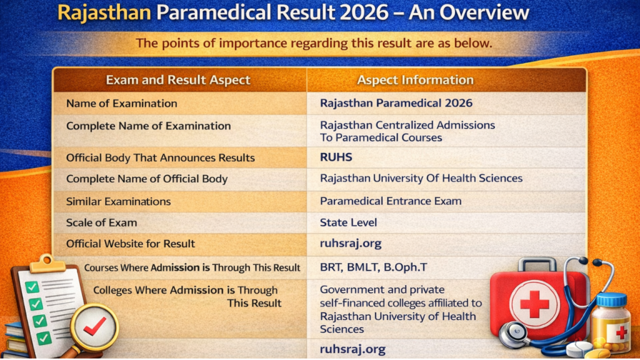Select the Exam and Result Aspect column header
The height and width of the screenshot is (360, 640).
click(x=178, y=80)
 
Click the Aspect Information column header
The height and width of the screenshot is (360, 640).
click(x=415, y=80)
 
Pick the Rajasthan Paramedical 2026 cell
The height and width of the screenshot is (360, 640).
click(x=396, y=103)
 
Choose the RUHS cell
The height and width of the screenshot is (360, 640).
click(x=336, y=157)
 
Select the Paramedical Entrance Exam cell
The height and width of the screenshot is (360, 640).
click(x=391, y=201)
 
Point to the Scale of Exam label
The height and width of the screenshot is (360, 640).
click(x=101, y=222)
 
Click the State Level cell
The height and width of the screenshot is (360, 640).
click(x=348, y=222)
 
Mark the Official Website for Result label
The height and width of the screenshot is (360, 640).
click(x=131, y=244)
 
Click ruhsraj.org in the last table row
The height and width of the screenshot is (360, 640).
click(x=352, y=349)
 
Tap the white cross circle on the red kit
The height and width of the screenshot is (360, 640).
click(x=534, y=304)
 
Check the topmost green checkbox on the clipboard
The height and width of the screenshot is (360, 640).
click(x=31, y=287)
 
